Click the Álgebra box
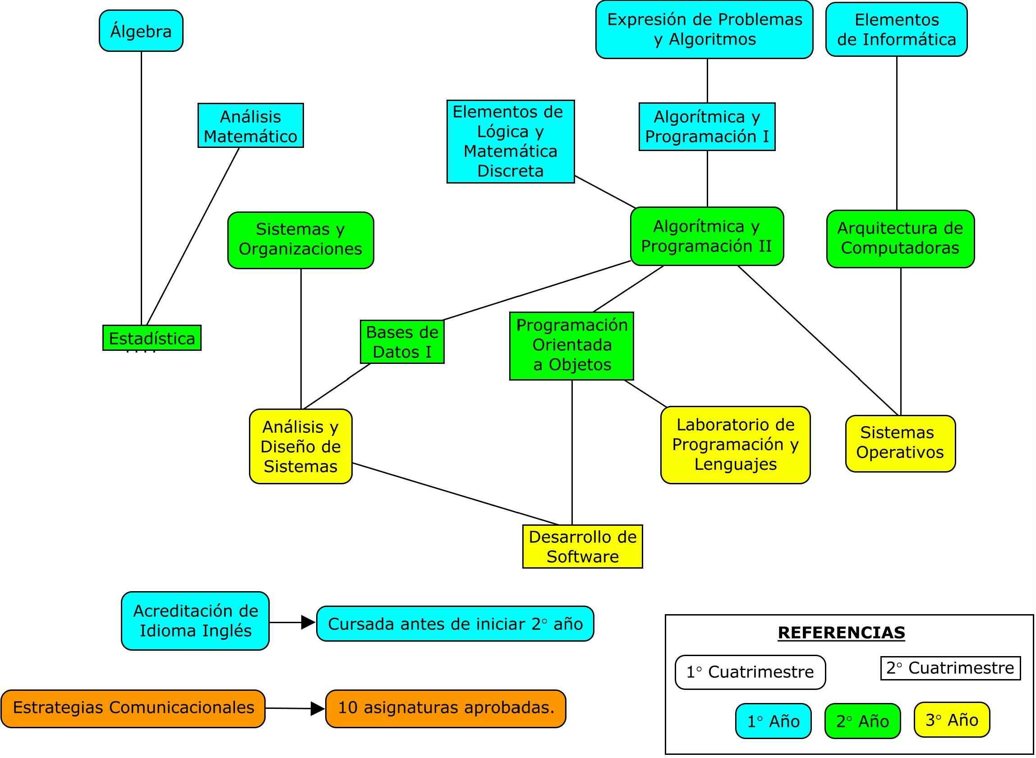tap(141, 31)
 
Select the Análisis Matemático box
tap(250, 125)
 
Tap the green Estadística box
tap(152, 338)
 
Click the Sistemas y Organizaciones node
tap(300, 240)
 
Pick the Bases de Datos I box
tap(402, 342)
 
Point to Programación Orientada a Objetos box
tap(571, 346)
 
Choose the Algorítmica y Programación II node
tap(707, 236)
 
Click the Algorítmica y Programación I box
tap(707, 127)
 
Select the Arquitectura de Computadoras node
tap(900, 239)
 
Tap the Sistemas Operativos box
tap(900, 443)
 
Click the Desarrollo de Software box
tap(582, 547)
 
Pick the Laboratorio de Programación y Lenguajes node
tap(735, 445)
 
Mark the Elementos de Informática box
tap(897, 29)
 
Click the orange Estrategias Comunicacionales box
tap(133, 707)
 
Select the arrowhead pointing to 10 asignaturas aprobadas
tap(317, 708)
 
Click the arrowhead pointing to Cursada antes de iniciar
tap(308, 623)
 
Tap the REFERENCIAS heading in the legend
tap(841, 632)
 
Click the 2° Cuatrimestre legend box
tap(950, 668)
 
